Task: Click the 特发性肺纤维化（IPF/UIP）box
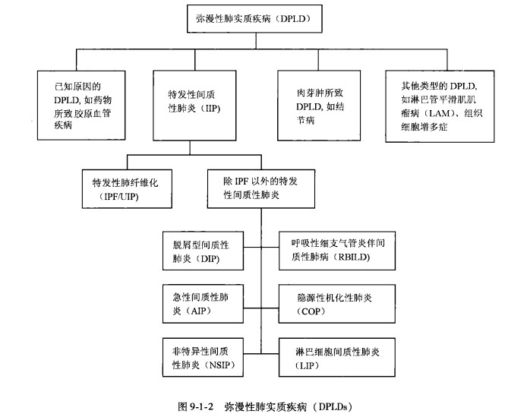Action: [127, 189]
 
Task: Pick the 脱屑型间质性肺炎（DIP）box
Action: [202, 250]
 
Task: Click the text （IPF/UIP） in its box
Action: [127, 197]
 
